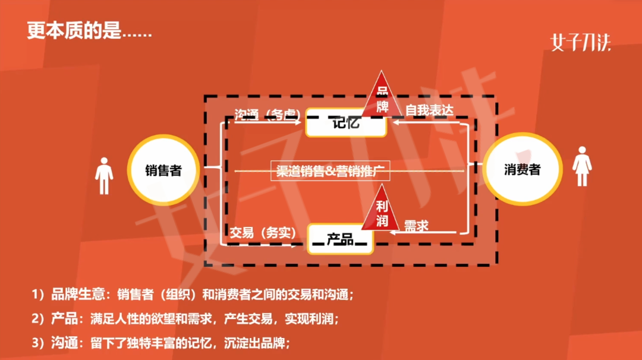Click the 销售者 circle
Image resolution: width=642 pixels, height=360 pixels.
[163, 170]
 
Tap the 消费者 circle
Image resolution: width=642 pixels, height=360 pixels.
[522, 170]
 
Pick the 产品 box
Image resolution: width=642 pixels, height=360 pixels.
[340, 239]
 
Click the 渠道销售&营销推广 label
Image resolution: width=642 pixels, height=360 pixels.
[331, 170]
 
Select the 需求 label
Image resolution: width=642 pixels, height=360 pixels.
[416, 225]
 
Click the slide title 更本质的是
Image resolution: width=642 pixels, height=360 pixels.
[89, 31]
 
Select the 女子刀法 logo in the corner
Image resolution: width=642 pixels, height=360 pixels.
[580, 42]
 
